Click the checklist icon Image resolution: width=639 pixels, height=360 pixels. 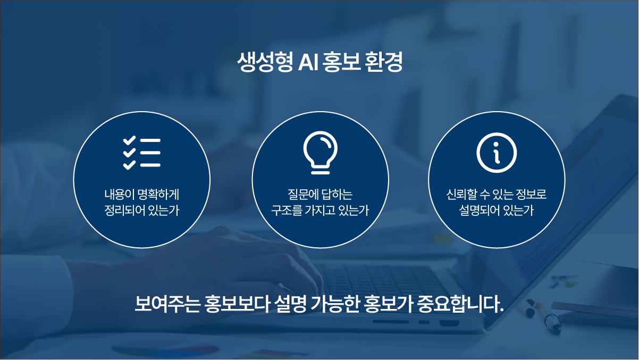coord(141,153)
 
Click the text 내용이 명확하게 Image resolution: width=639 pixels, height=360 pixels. coord(141,195)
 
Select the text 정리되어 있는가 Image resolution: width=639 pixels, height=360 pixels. coord(141,211)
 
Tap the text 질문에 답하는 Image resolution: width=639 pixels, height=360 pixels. coord(320,195)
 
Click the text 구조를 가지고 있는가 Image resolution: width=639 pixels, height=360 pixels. coord(320,211)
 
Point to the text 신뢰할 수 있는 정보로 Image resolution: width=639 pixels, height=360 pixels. coord(497,195)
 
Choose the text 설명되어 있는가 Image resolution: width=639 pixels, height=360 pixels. coord(497,211)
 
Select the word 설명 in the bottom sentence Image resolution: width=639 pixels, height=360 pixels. coord(290,305)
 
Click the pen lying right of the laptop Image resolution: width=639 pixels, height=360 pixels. coord(540,314)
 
